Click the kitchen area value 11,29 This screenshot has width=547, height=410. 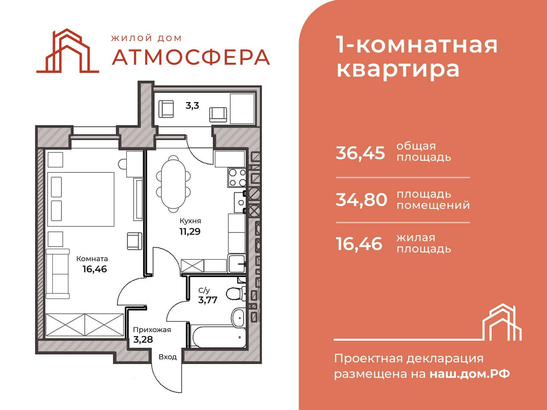pos(190,232)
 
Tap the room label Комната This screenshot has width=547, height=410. pos(92,259)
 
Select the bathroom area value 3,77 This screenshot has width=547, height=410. pos(207,300)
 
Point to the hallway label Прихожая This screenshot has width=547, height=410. pos(152,330)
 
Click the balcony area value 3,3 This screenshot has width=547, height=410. pos(192,106)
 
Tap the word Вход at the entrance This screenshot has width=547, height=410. pos(168,357)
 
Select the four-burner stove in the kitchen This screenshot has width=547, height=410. pos(237,177)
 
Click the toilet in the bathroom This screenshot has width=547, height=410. pos(236,294)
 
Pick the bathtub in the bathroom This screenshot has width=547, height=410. pos(217,337)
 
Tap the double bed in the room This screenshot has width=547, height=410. pos(81,199)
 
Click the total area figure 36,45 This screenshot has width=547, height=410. pos(360,153)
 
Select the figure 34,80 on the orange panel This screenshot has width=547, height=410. pos(361,200)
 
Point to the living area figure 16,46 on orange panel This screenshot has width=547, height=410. pos(359,243)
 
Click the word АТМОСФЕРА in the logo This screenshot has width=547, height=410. pos(191,57)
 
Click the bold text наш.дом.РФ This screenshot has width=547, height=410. pos(470,374)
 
